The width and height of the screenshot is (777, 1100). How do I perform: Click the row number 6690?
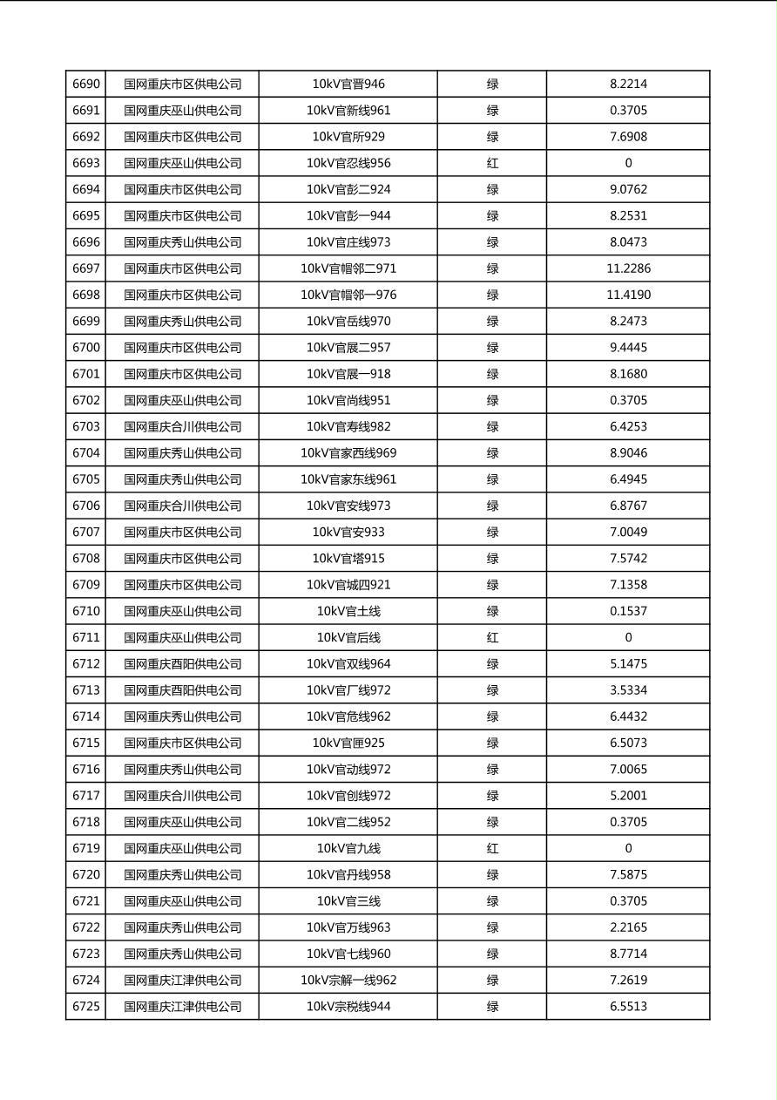point(86,85)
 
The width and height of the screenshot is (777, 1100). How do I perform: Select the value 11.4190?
point(628,295)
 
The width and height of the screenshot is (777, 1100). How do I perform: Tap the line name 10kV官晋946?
point(348,85)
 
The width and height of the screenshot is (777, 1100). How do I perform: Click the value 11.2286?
point(628,268)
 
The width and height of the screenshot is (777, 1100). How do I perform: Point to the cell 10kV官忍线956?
point(348,163)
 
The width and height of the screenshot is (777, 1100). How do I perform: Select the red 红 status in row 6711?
point(492,637)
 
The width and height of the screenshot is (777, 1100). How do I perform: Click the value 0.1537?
point(628,611)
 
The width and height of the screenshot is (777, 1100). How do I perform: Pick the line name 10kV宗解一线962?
point(348,980)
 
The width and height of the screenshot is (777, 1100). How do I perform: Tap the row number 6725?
point(86,1006)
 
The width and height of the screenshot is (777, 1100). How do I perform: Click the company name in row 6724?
point(182,980)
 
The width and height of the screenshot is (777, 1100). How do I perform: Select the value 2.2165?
point(628,927)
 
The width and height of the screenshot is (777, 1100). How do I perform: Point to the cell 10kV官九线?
point(348,848)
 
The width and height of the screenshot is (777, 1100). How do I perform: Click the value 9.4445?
point(628,347)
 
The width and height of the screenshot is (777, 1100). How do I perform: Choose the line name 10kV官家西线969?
point(348,452)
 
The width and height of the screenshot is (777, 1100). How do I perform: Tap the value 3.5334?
point(628,690)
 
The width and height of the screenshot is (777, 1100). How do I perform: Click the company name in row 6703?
point(182,426)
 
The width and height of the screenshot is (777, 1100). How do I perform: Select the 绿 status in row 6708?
point(492,558)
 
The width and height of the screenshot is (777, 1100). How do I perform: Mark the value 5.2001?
point(628,795)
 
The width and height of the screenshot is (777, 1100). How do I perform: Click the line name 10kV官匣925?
point(348,743)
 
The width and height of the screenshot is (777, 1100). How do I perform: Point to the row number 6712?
point(86,663)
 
